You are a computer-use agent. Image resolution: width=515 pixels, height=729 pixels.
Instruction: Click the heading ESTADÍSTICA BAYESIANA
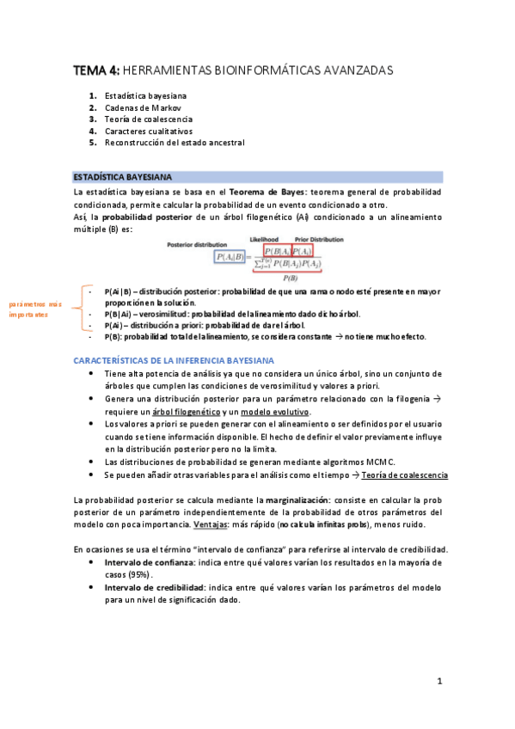pos(121,176)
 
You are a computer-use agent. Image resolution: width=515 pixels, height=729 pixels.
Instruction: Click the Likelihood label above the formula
pos(266,240)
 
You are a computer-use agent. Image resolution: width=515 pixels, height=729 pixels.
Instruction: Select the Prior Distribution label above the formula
pos(317,240)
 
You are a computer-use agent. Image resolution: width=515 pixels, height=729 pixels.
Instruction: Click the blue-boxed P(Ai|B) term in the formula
pos(230,255)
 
